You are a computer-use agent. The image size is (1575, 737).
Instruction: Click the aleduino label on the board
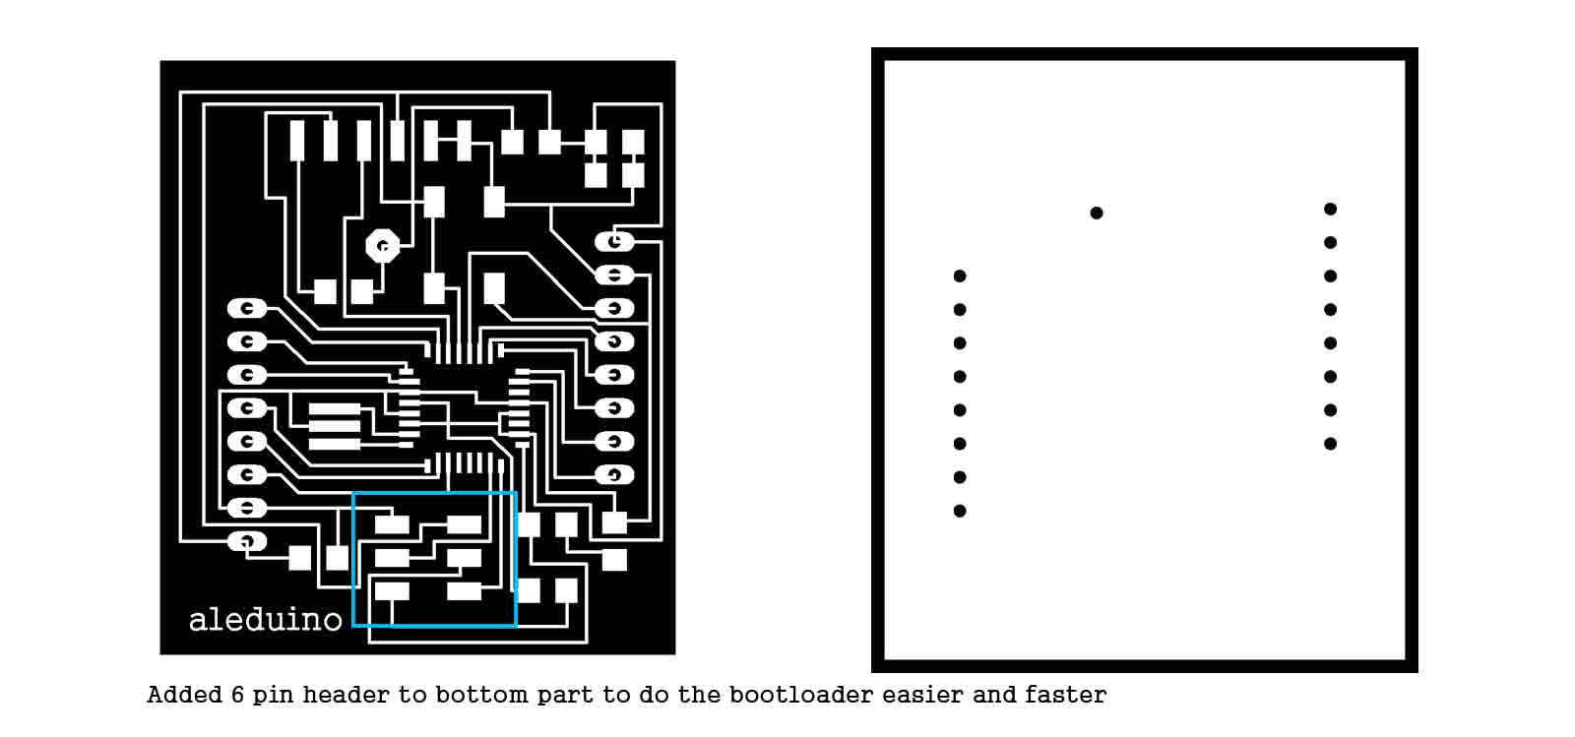[x=265, y=619]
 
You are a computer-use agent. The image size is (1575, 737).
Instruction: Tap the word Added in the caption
[x=185, y=695]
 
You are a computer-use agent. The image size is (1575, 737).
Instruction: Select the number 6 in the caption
[x=237, y=695]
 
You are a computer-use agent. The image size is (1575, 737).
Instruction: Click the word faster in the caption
[x=1065, y=695]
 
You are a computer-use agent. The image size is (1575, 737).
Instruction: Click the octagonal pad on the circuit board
[x=382, y=246]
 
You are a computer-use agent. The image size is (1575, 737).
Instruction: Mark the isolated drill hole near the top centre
[x=1097, y=213]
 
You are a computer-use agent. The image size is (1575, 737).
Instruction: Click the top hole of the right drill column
[x=1330, y=209]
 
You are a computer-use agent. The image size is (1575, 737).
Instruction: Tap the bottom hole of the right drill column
[x=1330, y=444]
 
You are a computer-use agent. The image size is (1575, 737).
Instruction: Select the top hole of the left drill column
[x=960, y=276]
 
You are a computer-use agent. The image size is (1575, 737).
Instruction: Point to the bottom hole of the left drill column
[x=960, y=511]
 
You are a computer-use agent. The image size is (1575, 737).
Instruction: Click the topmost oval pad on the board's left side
[x=247, y=309]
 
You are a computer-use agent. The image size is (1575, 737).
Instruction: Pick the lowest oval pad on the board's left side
[x=247, y=541]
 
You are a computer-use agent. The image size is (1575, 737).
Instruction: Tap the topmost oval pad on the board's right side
[x=614, y=241]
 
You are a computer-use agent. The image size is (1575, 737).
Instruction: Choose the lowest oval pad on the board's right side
[x=614, y=475]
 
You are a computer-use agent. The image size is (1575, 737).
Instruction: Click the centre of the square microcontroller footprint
[x=464, y=408]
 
